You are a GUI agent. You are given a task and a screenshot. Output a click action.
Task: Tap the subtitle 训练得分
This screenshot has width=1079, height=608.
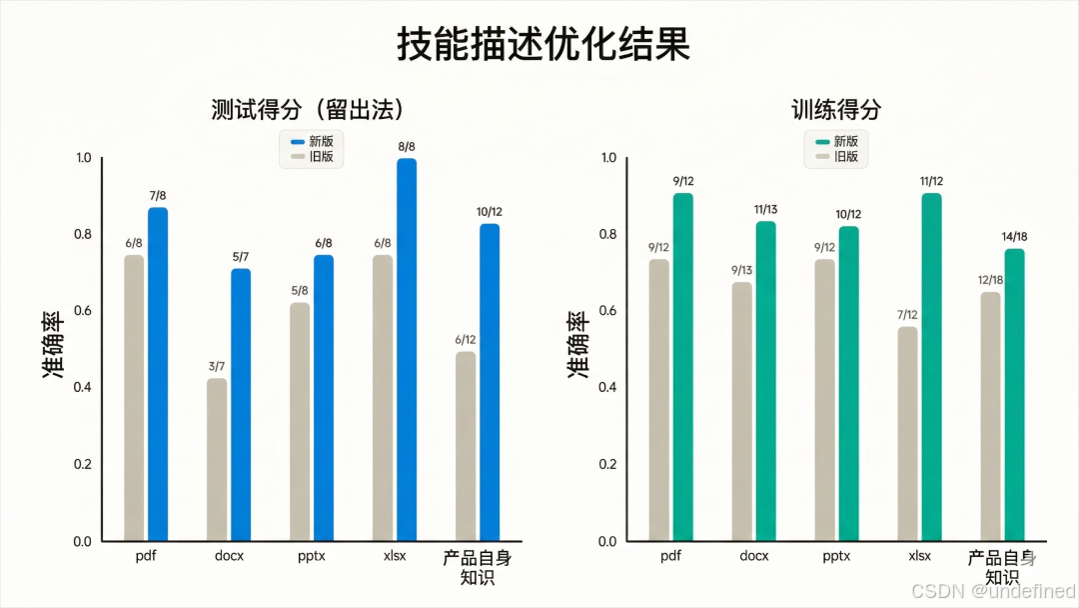[x=836, y=109]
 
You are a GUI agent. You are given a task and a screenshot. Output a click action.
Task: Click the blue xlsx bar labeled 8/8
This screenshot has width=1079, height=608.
[x=407, y=349]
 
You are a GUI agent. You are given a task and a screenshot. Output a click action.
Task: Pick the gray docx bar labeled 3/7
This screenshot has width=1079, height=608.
[x=217, y=459]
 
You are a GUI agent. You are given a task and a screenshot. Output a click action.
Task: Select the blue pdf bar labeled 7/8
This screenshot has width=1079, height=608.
[x=158, y=374]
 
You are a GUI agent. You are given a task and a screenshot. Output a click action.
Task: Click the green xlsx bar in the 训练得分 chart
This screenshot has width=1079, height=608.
[x=931, y=366]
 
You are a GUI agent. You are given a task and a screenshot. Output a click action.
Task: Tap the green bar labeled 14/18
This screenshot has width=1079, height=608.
[x=1014, y=394]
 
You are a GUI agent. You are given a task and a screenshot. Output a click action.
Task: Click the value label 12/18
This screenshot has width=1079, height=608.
[x=989, y=279]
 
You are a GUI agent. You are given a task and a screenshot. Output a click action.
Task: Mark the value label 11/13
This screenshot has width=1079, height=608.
[x=764, y=209]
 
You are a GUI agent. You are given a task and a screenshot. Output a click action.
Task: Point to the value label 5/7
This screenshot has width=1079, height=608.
[x=241, y=257]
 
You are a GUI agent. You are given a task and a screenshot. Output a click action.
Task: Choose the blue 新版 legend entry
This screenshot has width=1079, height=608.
[x=311, y=141]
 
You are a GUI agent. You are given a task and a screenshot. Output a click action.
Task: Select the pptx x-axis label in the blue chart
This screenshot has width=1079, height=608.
[x=312, y=556]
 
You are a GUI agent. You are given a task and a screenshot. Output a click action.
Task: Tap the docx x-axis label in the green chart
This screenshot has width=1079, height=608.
[x=753, y=556]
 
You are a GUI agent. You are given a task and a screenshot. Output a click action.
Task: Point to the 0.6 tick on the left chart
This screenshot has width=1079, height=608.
[x=83, y=311]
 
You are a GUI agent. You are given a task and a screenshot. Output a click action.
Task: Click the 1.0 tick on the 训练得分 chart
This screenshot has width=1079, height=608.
[x=608, y=158]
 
